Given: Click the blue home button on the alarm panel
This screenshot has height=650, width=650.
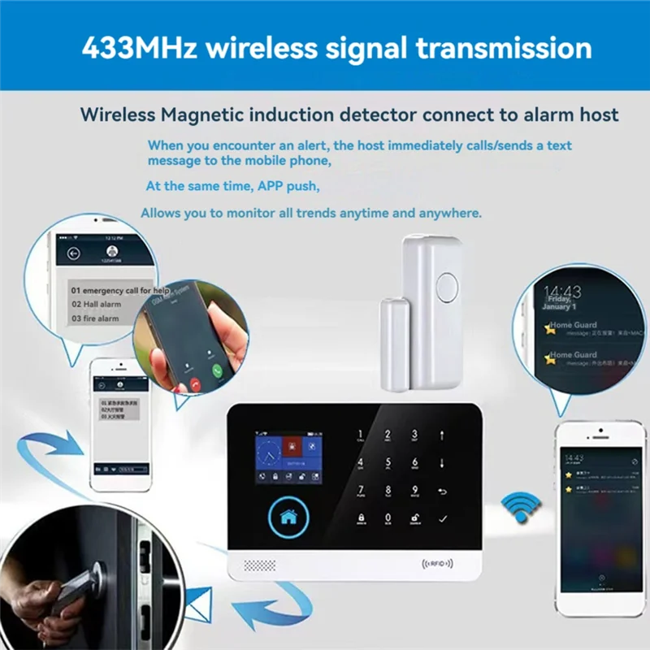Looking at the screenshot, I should coord(287,514).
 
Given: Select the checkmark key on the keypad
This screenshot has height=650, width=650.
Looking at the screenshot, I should coord(442,518).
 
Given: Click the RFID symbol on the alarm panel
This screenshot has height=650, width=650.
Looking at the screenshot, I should coord(436,561).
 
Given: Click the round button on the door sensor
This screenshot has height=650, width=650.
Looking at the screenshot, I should coord(444,288).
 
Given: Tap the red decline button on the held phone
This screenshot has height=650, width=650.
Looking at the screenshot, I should coord(193,382).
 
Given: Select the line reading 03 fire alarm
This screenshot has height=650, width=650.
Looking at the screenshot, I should coord(95,318).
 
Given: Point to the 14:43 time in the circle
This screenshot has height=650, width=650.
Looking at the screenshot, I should coord(562,292).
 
